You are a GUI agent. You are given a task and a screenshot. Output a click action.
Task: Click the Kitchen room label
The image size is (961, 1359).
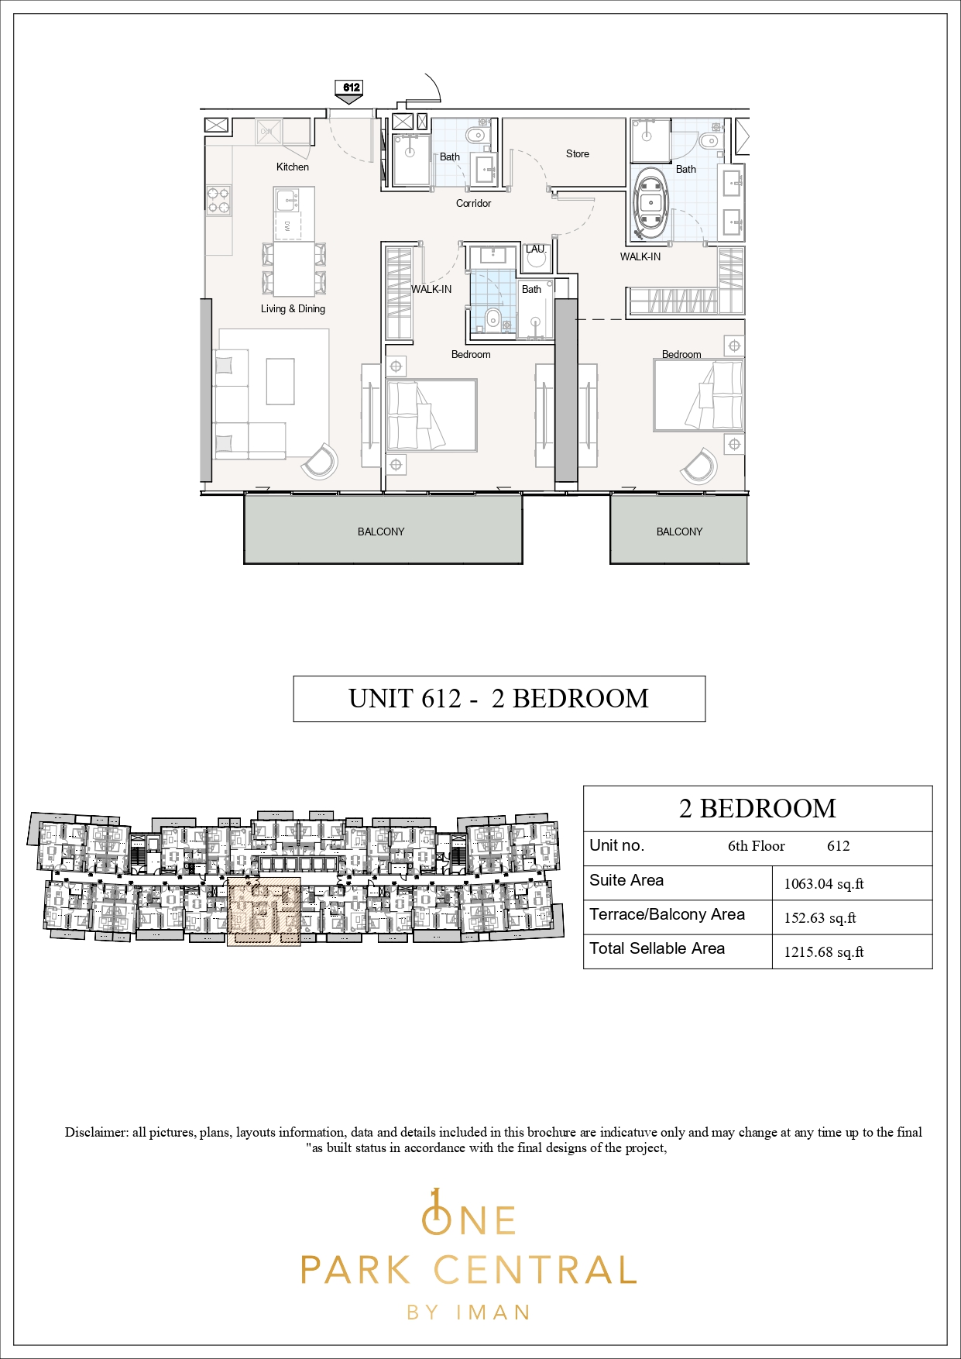pos(293,167)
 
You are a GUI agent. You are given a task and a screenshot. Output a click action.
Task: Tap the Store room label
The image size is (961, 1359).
pos(578,153)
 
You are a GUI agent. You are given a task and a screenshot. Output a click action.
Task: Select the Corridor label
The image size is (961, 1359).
pos(473,203)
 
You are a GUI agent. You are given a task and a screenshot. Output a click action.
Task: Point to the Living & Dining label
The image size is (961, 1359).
pos(293,308)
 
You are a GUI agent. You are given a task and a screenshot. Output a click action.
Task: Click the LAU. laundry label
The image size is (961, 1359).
pos(536,249)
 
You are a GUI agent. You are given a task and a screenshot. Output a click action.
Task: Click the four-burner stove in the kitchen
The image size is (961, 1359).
pos(218,200)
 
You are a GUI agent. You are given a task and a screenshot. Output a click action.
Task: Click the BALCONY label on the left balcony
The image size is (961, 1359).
pos(381,532)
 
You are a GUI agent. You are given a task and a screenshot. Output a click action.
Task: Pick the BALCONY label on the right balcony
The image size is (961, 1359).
pos(679,532)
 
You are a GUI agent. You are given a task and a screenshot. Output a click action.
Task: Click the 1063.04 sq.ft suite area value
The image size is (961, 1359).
pos(824,884)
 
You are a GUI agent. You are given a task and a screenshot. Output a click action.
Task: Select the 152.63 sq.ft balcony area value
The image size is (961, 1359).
pos(820,918)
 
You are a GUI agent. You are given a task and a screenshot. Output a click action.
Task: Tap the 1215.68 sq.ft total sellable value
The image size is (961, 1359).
pos(824,952)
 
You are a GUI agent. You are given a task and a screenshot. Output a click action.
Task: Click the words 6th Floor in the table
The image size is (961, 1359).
pos(757,846)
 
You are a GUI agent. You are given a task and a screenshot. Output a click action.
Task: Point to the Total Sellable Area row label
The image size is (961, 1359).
pos(657,948)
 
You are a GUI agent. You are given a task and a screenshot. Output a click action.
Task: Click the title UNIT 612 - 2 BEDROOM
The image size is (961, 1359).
pos(499,699)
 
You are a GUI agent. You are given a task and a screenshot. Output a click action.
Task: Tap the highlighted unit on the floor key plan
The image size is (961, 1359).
pos(263,912)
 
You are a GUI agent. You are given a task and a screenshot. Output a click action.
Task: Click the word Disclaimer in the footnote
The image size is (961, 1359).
pos(96,1132)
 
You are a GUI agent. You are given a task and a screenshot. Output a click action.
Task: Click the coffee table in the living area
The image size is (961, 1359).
pos(280,381)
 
